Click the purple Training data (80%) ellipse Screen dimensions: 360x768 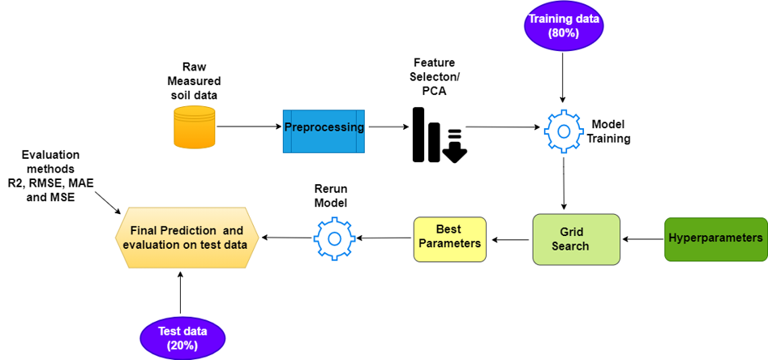coord(564,24)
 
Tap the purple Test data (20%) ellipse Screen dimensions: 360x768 coord(182,338)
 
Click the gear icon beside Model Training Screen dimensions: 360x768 coord(563,129)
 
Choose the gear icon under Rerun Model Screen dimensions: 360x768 coord(333,238)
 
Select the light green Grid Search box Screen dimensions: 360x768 coord(576,239)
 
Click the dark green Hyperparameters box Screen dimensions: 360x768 coord(715,238)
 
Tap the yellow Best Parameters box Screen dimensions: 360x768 coord(448,238)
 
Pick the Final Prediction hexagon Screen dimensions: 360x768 coord(187,237)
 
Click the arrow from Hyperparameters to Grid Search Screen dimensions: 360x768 coord(642,239)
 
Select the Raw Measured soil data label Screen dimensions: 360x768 coord(194,81)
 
